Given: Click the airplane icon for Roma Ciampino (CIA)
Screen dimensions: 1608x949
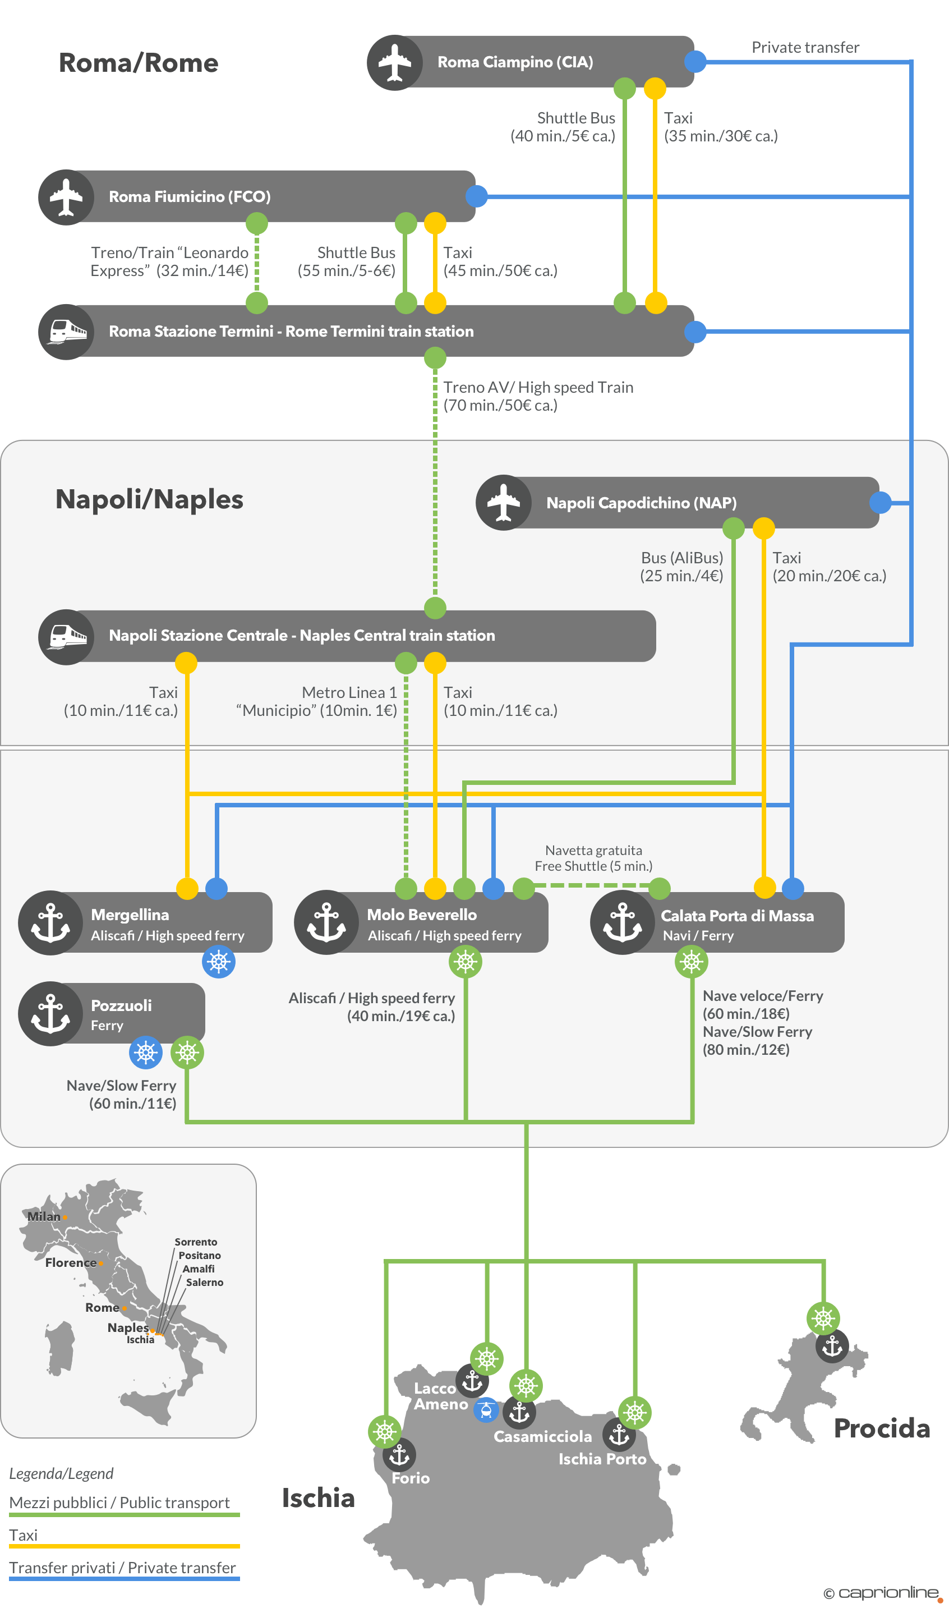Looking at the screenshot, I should click(394, 63).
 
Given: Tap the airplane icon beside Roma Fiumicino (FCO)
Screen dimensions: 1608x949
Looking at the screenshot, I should click(66, 197).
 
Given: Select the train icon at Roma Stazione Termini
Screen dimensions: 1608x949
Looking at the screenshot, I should click(66, 332).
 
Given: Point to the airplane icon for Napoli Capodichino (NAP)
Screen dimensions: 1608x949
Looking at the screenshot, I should click(503, 503).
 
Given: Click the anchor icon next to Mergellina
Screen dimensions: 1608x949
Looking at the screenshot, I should click(50, 922).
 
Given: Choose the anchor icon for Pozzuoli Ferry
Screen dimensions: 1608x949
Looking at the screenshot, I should click(50, 1013).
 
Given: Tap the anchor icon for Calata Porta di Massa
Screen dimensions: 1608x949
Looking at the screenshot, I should click(622, 922).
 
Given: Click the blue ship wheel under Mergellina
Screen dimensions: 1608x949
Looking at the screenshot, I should click(219, 961).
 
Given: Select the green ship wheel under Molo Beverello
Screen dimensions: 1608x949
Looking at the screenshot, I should click(466, 961).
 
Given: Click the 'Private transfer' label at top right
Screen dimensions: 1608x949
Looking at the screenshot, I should click(805, 47).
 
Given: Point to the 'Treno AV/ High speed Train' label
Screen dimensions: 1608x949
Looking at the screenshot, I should click(538, 388).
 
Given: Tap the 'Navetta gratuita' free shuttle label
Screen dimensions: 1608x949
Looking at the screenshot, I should click(593, 850).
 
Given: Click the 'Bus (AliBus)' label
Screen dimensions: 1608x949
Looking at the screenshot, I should click(681, 558).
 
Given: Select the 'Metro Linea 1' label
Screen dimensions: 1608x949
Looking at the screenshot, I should click(349, 693).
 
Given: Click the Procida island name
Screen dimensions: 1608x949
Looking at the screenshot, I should click(882, 1428).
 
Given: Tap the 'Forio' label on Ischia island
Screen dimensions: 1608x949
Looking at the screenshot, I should click(411, 1478).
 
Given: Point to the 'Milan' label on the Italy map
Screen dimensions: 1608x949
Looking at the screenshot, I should click(44, 1216).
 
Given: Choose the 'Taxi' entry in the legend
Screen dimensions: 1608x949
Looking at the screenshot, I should click(24, 1535).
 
